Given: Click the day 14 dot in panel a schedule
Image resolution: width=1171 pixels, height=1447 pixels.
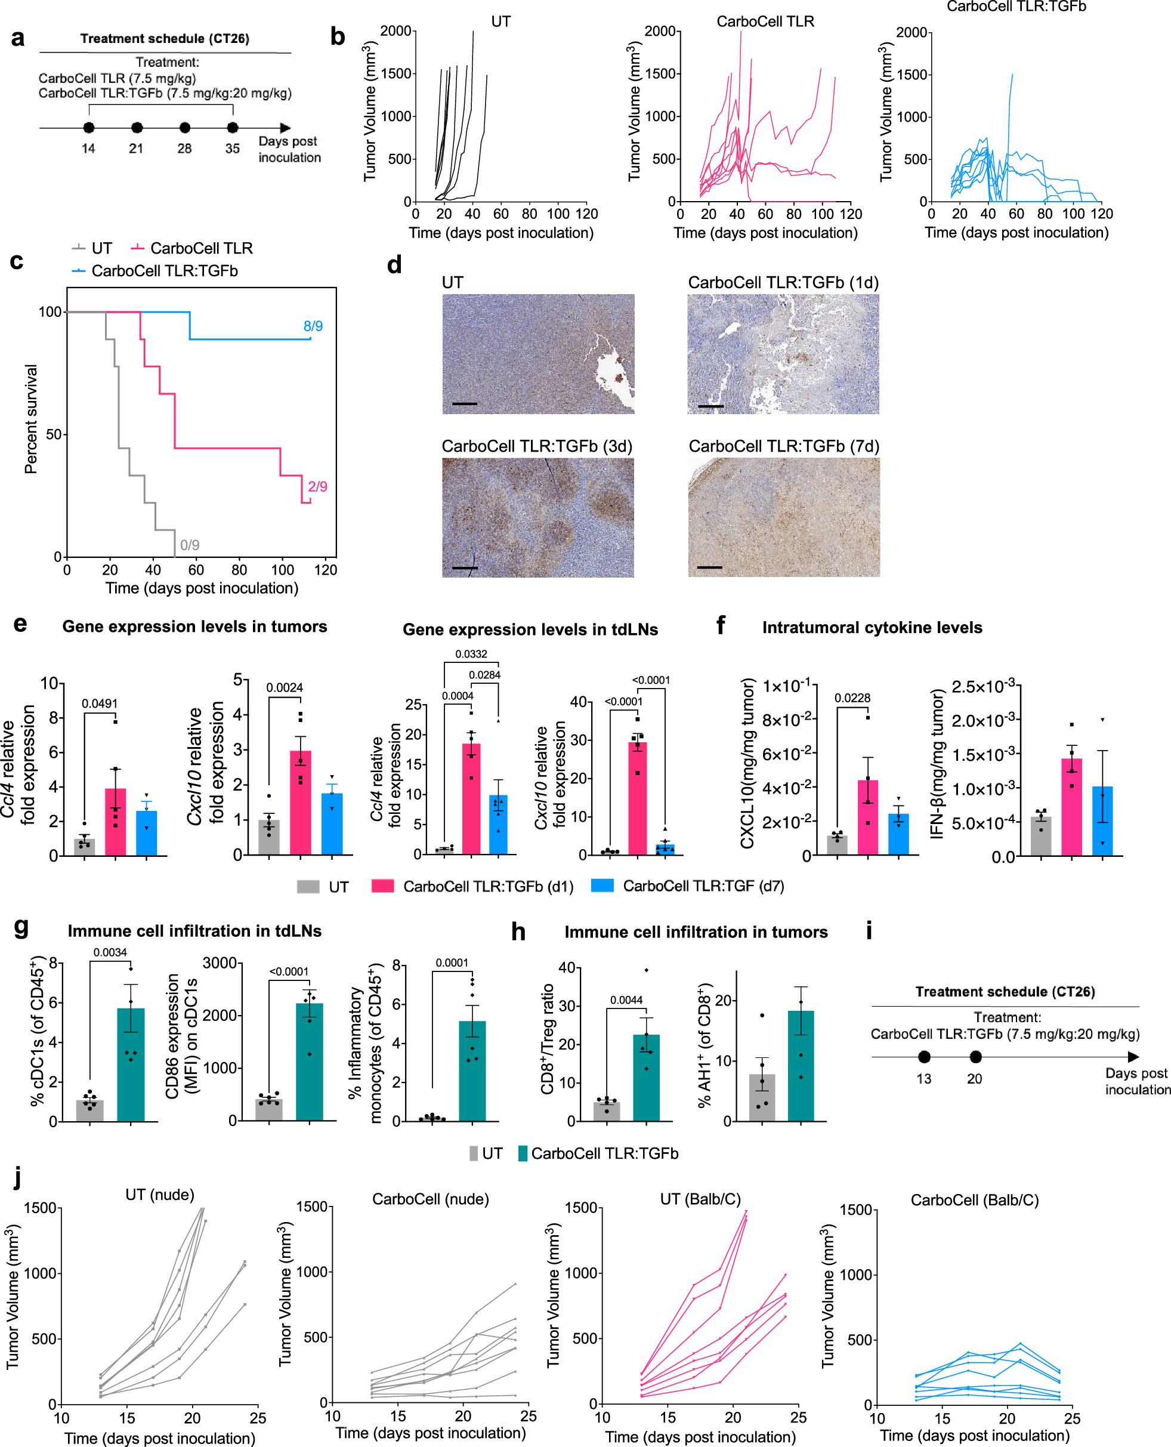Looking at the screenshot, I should point(88,128).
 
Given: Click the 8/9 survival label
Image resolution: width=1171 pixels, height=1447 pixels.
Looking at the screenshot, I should point(313,326).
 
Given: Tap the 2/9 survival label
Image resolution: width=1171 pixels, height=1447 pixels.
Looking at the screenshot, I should point(317,486).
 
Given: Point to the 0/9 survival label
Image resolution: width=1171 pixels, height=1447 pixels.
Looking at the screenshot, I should point(190,544).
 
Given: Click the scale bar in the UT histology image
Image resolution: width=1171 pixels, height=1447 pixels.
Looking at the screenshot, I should point(464,403).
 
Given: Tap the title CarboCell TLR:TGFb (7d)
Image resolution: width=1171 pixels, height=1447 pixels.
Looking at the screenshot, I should point(783,446).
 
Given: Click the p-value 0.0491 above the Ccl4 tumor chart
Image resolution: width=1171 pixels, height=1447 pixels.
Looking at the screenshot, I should point(100,704).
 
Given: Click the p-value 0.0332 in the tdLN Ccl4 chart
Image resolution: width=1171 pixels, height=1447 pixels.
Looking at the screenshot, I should point(471,653).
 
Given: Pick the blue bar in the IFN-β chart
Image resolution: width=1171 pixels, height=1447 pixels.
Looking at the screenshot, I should point(1102,820).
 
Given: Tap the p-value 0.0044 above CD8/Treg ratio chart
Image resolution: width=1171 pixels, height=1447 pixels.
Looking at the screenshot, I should point(626,999).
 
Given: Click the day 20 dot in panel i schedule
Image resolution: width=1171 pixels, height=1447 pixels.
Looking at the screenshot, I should point(975,1056).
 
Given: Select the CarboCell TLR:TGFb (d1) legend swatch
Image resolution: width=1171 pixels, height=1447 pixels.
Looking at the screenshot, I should point(382,886).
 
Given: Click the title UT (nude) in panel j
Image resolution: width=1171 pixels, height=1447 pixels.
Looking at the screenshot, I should point(160,1194).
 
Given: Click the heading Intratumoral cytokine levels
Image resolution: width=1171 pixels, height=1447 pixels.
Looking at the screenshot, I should point(872,627).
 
